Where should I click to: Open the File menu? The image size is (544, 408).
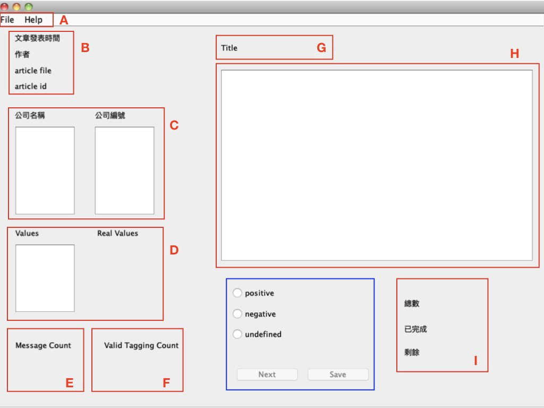[x=7, y=20]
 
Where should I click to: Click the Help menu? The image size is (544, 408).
[x=33, y=20]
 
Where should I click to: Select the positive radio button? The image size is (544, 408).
[x=237, y=293]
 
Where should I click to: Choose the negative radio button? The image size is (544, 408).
[x=237, y=313]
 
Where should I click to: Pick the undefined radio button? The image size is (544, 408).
[x=237, y=334]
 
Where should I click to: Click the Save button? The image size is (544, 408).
[x=338, y=375]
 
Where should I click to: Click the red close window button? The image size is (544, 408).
[x=4, y=6]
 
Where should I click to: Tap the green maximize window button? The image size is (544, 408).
[x=29, y=6]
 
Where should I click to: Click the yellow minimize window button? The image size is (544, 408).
[x=16, y=6]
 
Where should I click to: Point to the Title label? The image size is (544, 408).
[x=229, y=48]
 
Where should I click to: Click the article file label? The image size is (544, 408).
[x=33, y=71]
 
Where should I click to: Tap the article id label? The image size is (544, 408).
[x=30, y=87]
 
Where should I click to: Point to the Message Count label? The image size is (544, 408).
[x=43, y=345]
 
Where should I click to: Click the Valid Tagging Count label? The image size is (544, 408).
[x=141, y=345]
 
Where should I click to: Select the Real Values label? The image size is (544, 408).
[x=117, y=233]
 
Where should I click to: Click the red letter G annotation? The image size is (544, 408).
[x=321, y=47]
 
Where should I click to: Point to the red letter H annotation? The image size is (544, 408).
[x=514, y=54]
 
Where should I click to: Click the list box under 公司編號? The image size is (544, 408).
[x=124, y=171]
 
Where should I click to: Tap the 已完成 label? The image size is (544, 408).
[x=415, y=329]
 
